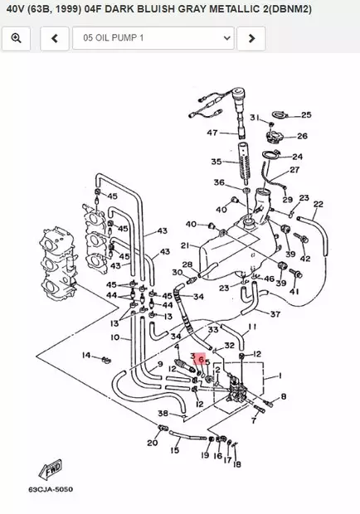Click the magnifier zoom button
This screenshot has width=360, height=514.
point(16,38)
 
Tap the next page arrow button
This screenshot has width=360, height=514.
point(251,38)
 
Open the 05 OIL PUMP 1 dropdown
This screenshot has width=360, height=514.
point(153,38)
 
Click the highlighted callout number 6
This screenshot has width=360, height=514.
point(201,361)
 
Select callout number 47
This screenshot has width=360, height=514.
point(212,133)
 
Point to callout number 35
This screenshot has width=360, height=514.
point(216,162)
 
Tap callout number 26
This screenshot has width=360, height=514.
point(302,136)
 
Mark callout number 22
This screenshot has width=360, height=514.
point(319,204)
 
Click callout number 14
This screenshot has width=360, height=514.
point(85,355)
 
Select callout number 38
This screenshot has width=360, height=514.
point(163,413)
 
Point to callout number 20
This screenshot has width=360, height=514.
point(152,443)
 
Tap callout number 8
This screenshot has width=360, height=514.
point(283,397)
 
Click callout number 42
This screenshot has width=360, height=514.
point(305,259)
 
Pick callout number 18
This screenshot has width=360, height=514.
point(237,464)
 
